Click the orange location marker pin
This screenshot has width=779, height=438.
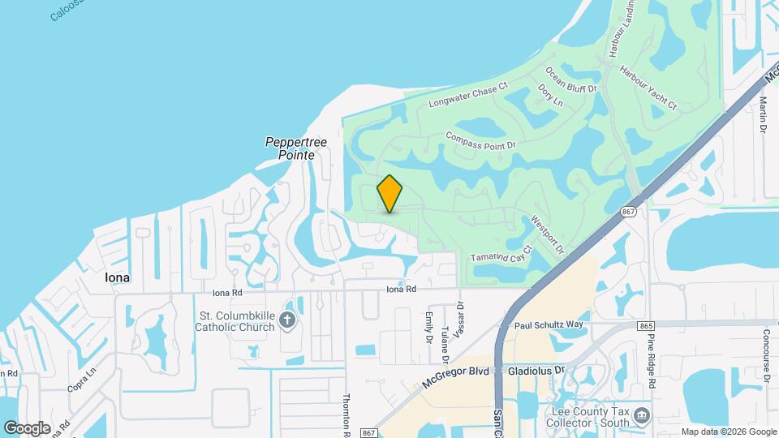point(390,194)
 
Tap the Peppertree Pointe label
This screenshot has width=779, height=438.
point(296,148)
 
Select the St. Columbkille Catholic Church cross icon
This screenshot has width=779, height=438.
point(286,320)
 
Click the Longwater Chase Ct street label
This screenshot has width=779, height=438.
point(467,95)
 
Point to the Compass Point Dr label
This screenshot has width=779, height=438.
point(480,140)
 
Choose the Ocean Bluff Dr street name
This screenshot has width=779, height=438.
point(571,79)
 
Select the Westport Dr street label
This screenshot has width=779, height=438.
point(547,234)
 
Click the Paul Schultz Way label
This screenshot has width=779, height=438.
point(549,324)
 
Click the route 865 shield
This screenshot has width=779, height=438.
point(646,325)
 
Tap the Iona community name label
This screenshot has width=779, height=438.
point(118,277)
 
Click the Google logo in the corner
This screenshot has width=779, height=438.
point(27,427)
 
